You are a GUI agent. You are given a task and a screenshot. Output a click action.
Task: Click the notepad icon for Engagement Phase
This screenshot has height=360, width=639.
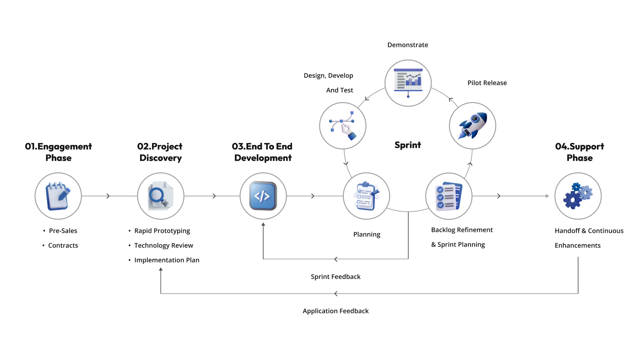tap(58, 196)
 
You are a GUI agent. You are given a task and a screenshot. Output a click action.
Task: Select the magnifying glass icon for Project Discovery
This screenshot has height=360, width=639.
tap(161, 196)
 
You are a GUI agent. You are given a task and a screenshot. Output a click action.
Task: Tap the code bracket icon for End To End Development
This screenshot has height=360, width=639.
tap(263, 196)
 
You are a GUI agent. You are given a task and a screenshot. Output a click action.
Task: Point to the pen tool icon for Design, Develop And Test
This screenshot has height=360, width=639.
tap(343, 125)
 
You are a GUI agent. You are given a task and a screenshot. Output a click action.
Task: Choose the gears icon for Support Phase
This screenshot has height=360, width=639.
tap(578, 196)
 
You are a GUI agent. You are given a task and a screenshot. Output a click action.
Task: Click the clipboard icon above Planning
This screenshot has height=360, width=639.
tap(366, 196)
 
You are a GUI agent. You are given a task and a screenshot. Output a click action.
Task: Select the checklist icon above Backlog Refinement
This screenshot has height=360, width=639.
tap(449, 196)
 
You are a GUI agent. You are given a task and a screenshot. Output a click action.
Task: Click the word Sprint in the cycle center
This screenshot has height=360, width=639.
tap(407, 145)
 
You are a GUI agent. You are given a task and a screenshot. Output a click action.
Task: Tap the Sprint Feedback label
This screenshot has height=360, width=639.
tap(336, 277)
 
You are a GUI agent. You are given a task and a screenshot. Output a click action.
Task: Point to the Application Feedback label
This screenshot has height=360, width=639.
tap(336, 311)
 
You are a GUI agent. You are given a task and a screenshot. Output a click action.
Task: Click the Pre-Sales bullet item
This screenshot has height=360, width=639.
tap(63, 231)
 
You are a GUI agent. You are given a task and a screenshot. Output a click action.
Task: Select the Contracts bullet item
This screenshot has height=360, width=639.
tap(63, 245)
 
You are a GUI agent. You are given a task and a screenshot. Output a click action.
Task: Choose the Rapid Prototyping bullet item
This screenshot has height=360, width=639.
tap(162, 231)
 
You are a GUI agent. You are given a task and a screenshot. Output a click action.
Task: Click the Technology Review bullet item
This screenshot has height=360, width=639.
tap(163, 245)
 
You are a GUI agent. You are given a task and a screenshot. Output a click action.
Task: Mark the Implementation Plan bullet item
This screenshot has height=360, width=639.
tap(167, 260)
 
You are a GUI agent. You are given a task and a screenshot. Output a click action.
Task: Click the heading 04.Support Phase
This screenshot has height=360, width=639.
tap(579, 152)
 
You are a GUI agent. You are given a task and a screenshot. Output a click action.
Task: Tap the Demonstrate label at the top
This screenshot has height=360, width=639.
tap(407, 45)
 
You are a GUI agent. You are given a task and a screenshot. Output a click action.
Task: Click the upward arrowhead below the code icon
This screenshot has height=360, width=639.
tap(263, 225)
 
